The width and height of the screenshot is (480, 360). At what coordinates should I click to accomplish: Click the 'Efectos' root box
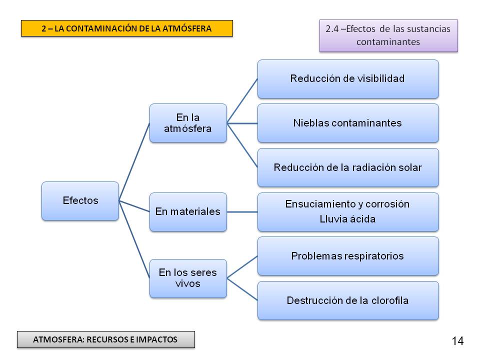point(80,200)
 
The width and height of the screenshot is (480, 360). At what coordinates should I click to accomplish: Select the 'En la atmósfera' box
point(188,123)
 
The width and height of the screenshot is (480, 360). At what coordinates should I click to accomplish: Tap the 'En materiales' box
point(188,211)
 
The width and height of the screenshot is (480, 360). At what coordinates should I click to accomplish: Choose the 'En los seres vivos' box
point(188,278)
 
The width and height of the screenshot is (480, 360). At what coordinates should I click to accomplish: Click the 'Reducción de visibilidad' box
point(348,78)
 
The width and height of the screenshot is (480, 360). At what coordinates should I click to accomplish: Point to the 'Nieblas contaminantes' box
point(348,123)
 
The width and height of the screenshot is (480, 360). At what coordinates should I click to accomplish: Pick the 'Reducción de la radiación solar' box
point(348,167)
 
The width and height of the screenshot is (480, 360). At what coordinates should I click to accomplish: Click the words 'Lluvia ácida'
point(347,219)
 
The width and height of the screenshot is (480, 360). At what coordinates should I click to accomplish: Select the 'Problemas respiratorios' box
point(348,256)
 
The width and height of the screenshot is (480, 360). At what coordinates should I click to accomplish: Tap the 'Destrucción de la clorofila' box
point(348,300)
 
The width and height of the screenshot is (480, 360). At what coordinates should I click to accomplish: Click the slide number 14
point(457,341)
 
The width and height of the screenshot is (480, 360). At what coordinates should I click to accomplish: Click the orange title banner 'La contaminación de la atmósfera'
point(126,28)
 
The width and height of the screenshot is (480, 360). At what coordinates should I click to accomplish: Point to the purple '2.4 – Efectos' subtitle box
point(388,35)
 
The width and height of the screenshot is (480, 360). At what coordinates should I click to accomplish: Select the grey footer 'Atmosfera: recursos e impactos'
point(105,339)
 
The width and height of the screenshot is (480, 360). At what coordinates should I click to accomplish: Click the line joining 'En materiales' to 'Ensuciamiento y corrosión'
point(242,212)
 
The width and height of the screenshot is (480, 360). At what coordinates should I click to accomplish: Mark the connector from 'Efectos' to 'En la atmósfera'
point(134,161)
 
